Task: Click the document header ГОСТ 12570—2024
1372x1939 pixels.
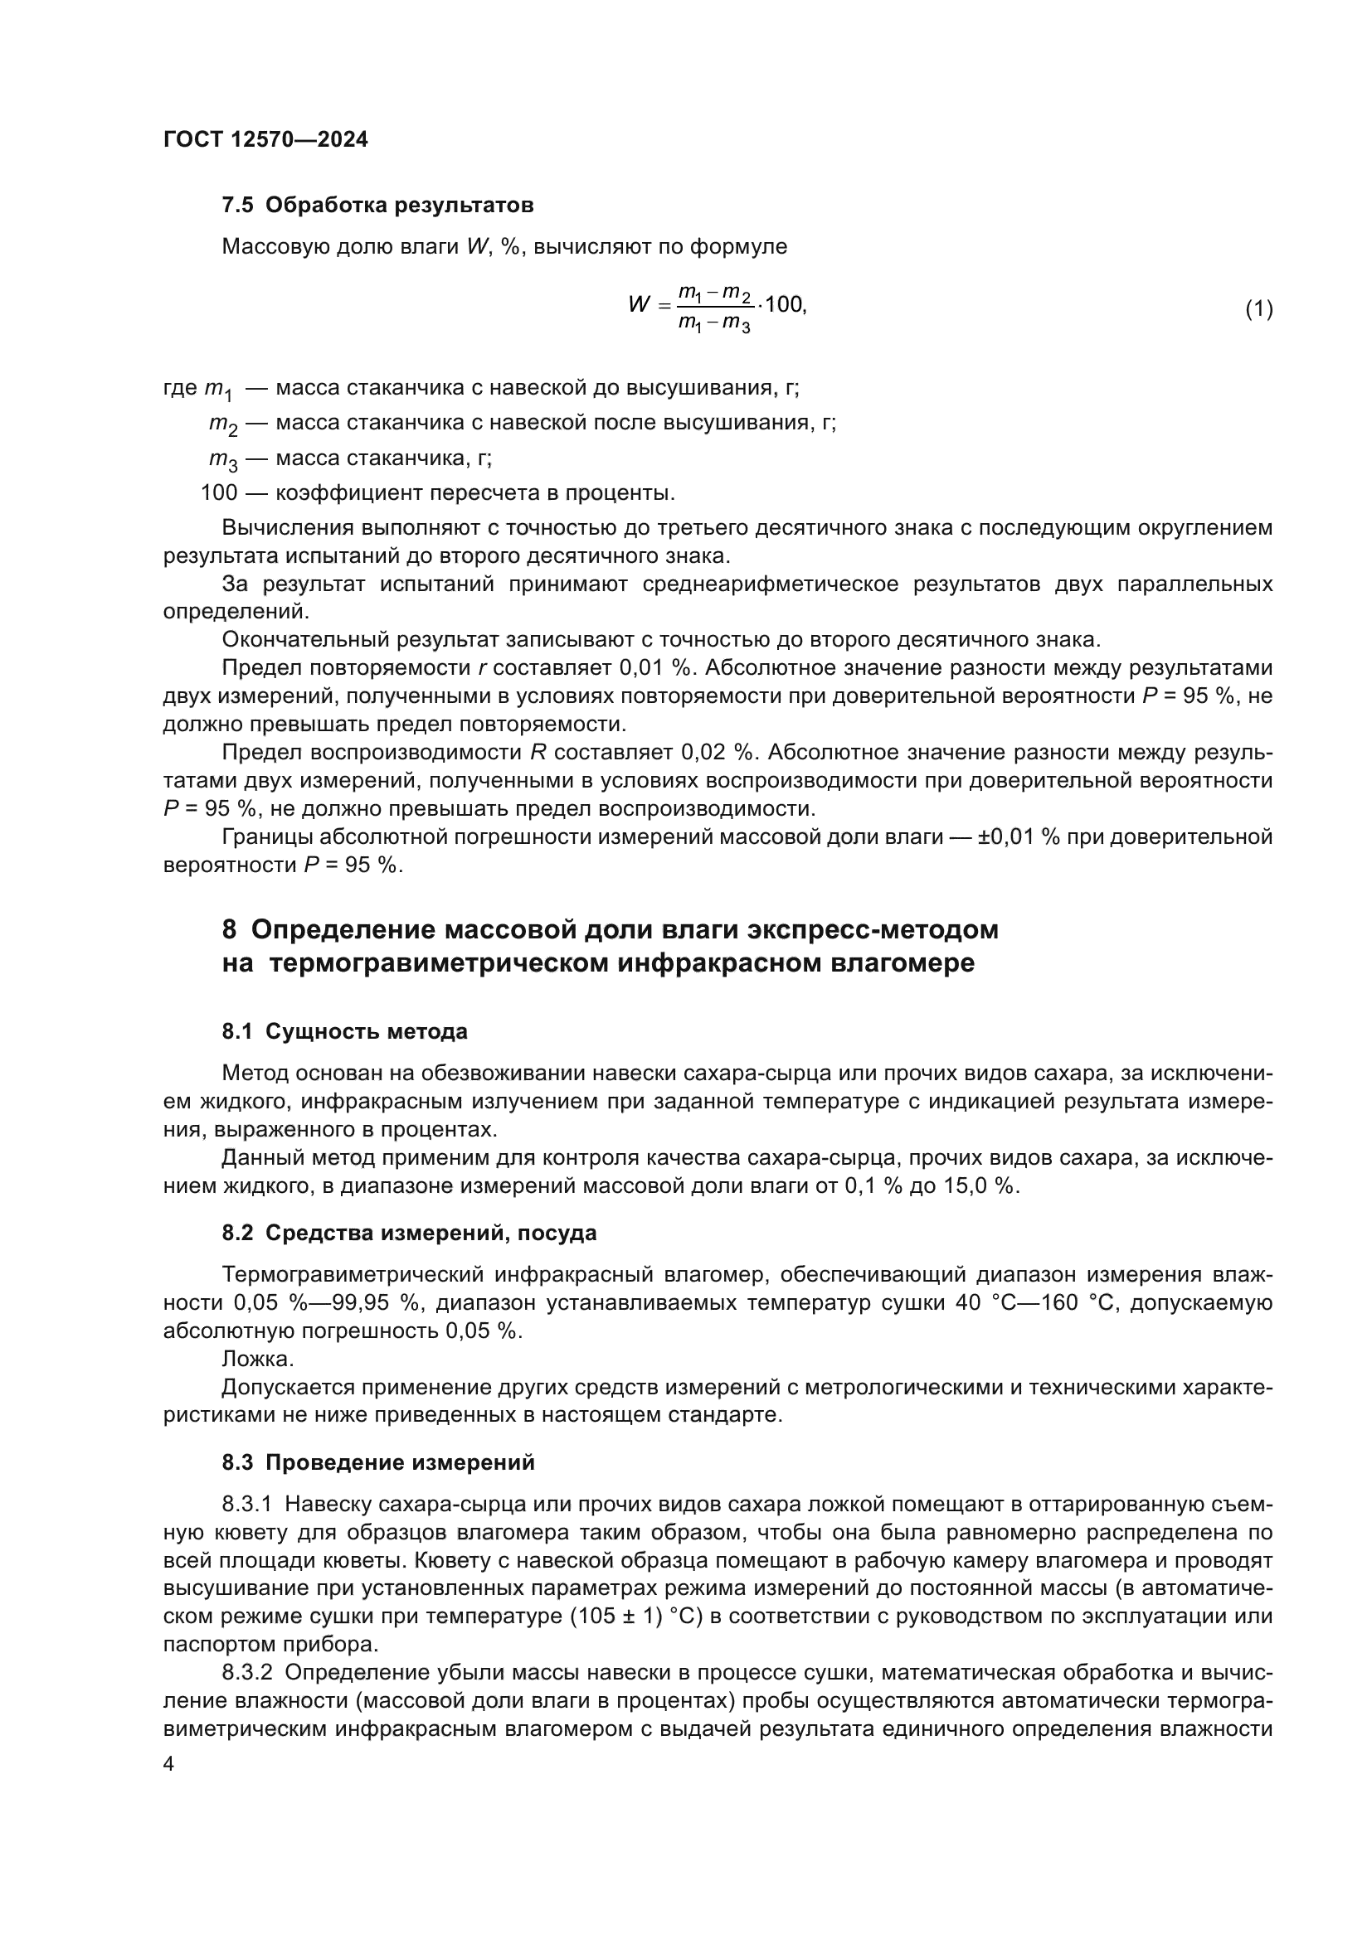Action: pos(265,139)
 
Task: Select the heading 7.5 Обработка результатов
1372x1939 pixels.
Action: pos(377,206)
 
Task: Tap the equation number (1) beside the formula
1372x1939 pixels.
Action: pos(1258,308)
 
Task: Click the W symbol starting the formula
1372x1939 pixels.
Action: pos(640,304)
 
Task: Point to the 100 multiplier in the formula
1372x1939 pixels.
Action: pos(784,304)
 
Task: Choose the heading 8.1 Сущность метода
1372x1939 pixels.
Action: pos(345,1031)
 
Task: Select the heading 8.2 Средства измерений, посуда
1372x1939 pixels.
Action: pos(409,1233)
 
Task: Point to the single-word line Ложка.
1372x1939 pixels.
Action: pos(258,1359)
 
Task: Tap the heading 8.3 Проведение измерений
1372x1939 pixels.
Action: pos(378,1462)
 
